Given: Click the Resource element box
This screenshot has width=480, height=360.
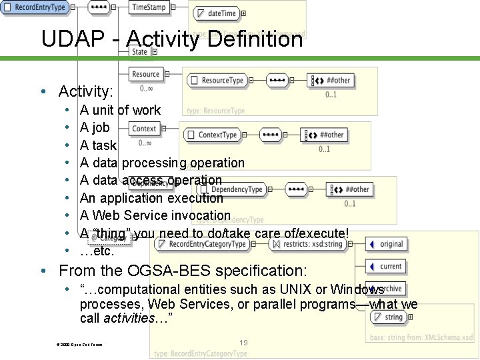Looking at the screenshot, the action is (145, 74).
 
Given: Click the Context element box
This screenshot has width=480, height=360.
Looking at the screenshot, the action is (144, 129).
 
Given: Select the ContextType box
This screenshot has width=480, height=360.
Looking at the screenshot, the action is (213, 135).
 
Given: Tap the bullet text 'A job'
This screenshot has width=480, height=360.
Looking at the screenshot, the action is (95, 127).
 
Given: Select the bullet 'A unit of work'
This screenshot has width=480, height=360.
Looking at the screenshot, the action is (120, 110).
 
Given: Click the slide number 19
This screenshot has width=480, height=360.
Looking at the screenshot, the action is (243, 343).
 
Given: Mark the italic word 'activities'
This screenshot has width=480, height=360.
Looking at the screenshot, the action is (131, 318).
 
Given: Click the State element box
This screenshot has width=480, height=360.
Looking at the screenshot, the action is (139, 51).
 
